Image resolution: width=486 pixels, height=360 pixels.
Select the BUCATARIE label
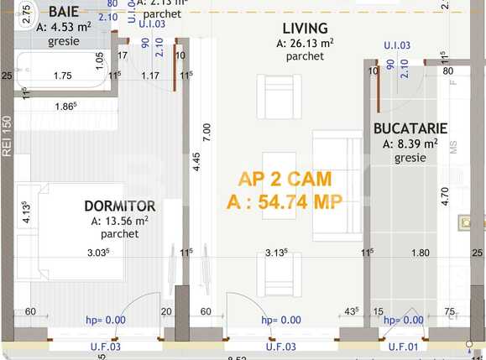[x=410, y=128]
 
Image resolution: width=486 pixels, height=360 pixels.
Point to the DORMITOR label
[x=120, y=206]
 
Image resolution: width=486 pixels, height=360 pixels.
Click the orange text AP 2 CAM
[x=285, y=179]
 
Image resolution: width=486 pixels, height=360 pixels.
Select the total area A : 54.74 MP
[x=285, y=201]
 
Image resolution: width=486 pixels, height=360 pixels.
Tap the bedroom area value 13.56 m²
[x=120, y=221]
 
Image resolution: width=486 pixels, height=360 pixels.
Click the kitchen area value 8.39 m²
[x=410, y=143]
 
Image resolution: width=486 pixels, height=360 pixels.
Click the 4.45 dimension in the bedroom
[x=196, y=162]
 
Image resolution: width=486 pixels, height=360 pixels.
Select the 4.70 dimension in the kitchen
[x=446, y=196]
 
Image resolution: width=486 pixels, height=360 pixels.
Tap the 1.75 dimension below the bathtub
[x=62, y=76]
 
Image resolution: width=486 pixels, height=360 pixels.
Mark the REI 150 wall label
[x=8, y=136]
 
